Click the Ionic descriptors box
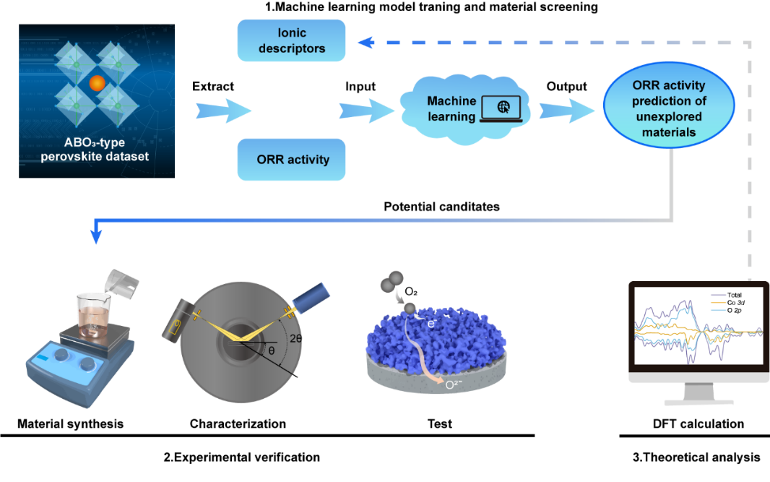pos(291,41)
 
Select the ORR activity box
pos(291,160)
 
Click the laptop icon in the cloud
pos(503,108)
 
